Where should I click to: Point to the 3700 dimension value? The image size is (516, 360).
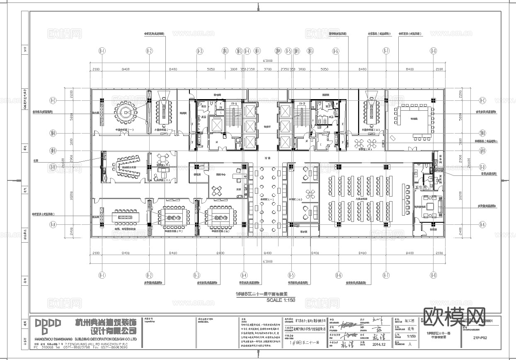pyautogui.click(x=268, y=69)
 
